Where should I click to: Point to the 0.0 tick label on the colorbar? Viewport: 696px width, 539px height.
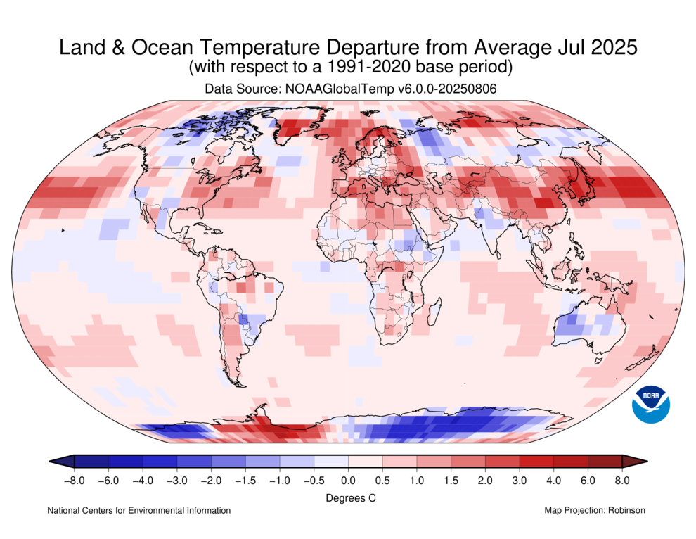coord(348,481)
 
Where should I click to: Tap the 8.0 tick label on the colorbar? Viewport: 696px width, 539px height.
coord(621,481)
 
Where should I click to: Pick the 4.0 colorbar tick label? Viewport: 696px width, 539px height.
coord(554,481)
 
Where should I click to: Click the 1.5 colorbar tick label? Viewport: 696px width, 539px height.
coord(451,481)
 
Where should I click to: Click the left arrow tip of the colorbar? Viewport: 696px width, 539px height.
coord(51,462)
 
